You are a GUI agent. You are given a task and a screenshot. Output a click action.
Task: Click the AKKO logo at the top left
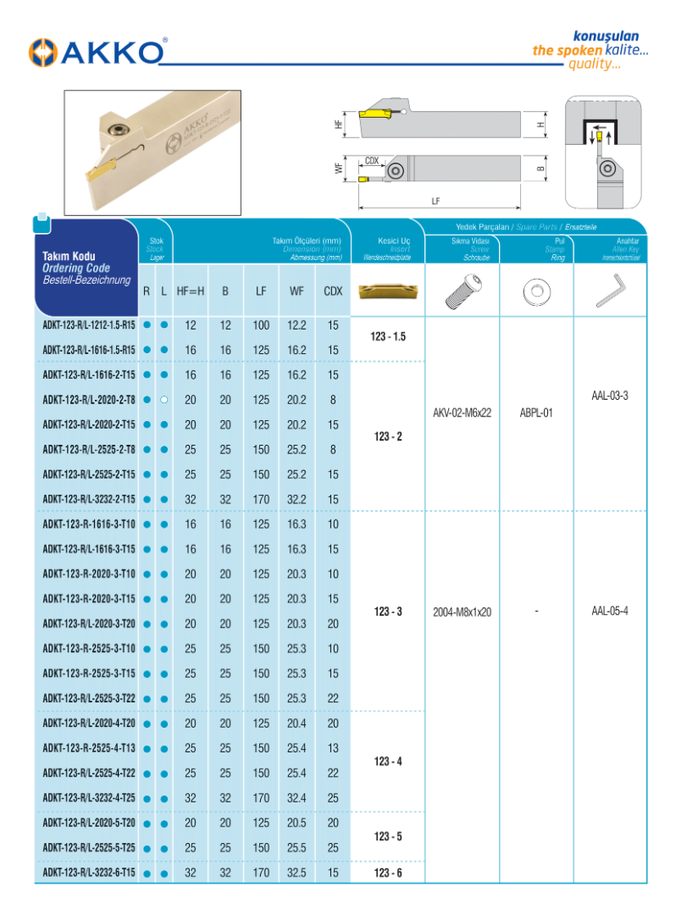97,52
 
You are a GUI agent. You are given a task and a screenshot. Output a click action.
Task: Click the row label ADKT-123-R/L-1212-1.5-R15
89,325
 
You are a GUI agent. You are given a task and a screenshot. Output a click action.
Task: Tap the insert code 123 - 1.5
388,337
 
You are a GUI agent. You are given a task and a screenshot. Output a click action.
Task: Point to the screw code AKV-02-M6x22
462,413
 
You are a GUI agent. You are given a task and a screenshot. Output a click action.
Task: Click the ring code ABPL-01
536,413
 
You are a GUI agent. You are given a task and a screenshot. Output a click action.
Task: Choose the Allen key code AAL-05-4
610,611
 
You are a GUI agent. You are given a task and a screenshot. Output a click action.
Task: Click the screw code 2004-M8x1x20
462,612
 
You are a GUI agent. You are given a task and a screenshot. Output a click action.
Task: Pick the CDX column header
333,291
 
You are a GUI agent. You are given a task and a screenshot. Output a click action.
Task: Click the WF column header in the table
296,291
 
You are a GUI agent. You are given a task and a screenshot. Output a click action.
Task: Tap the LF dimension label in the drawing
435,202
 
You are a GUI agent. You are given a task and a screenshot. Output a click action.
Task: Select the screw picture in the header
462,291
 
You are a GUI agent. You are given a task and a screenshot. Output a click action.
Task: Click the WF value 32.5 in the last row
296,873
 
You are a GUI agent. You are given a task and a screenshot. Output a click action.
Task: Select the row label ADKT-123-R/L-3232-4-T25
89,798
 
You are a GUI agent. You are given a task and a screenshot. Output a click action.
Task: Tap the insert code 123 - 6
388,873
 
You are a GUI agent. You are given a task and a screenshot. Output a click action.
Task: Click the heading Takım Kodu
69,256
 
